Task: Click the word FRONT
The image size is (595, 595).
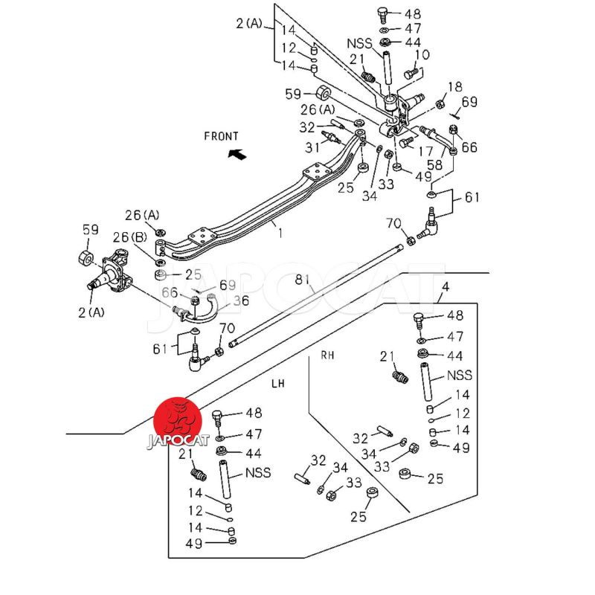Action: [x=221, y=136]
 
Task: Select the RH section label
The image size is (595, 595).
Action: [x=328, y=356]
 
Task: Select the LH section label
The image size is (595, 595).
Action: [x=278, y=383]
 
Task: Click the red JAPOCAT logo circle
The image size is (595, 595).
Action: [x=178, y=421]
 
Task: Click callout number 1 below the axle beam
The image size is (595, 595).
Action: [x=280, y=234]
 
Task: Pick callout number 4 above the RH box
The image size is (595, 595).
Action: [x=445, y=287]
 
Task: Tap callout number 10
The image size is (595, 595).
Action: [x=422, y=54]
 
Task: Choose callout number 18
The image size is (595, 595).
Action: [x=454, y=87]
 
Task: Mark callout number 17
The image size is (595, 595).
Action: [x=425, y=151]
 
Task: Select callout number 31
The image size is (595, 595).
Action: [x=311, y=146]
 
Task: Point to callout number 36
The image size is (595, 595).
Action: [x=241, y=300]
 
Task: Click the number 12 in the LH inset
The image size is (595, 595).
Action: [x=195, y=510]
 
